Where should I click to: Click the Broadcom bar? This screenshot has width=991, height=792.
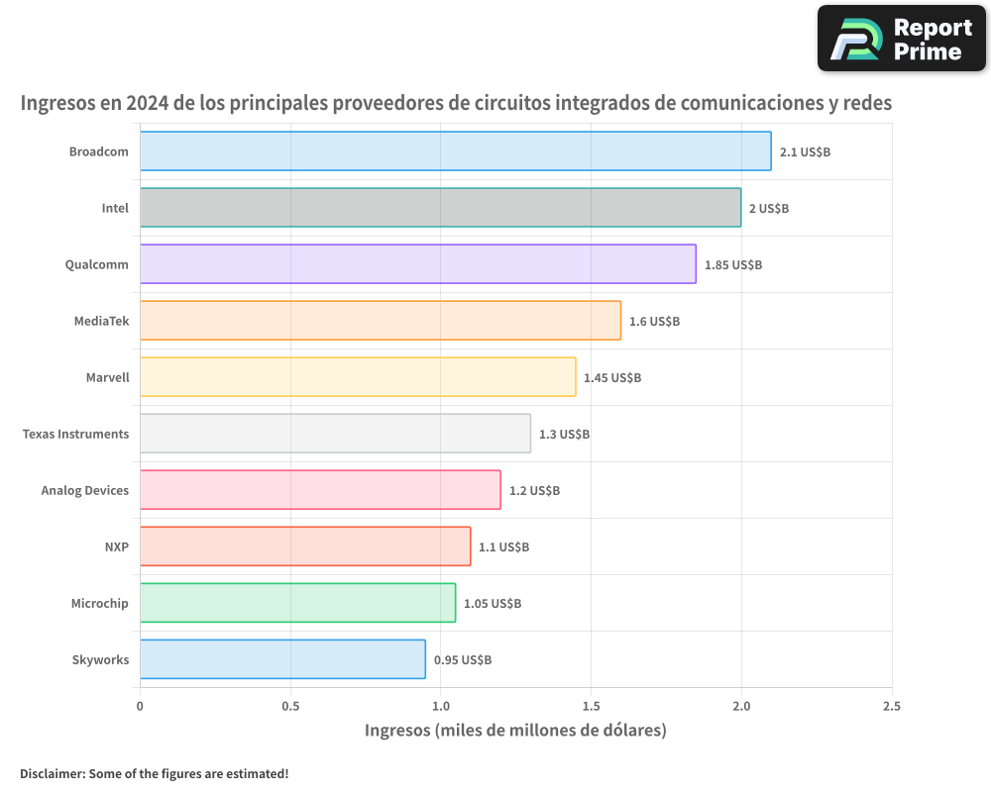pyautogui.click(x=455, y=151)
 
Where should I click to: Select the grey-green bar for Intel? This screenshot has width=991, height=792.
pyautogui.click(x=440, y=208)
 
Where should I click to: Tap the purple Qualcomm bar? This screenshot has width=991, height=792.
pyautogui.click(x=417, y=264)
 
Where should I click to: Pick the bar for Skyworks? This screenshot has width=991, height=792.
pyautogui.click(x=282, y=659)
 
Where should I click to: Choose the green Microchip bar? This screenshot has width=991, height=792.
pyautogui.click(x=297, y=603)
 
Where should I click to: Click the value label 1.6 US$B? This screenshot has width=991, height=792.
pyautogui.click(x=654, y=322)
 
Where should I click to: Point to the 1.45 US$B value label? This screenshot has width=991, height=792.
pyautogui.click(x=611, y=378)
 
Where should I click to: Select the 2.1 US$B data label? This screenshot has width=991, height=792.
pyautogui.click(x=805, y=152)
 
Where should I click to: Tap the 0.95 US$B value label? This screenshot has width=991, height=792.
pyautogui.click(x=462, y=660)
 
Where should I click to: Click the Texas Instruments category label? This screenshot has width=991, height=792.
pyautogui.click(x=75, y=434)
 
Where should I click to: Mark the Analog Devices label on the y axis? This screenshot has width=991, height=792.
pyautogui.click(x=85, y=490)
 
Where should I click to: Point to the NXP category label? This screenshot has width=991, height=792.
pyautogui.click(x=116, y=546)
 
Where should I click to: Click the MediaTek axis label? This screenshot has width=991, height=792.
pyautogui.click(x=101, y=321)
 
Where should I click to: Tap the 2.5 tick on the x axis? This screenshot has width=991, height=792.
pyautogui.click(x=891, y=706)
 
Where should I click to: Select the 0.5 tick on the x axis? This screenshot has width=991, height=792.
pyautogui.click(x=290, y=706)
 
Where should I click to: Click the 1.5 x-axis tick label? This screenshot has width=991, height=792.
pyautogui.click(x=591, y=706)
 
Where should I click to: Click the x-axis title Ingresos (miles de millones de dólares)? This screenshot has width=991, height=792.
pyautogui.click(x=515, y=731)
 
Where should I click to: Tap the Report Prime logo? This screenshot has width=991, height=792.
pyautogui.click(x=901, y=39)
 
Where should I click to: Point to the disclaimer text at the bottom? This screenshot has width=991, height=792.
pyautogui.click(x=154, y=773)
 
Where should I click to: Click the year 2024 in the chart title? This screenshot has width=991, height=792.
pyautogui.click(x=148, y=103)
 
